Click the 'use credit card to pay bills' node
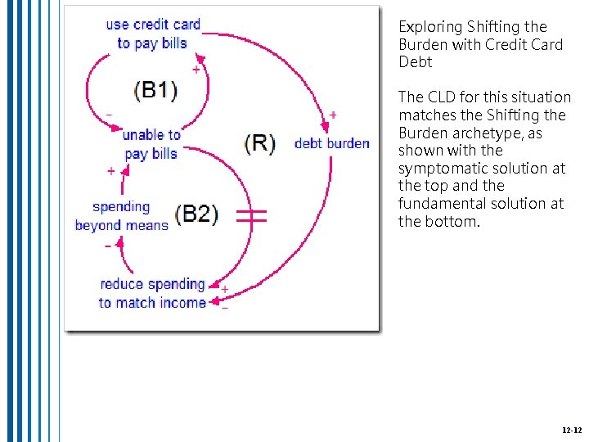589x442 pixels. pyautogui.click(x=153, y=34)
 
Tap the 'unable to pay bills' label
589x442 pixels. pyautogui.click(x=151, y=144)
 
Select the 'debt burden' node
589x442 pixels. pyautogui.click(x=331, y=143)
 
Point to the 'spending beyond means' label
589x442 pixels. pyautogui.click(x=121, y=216)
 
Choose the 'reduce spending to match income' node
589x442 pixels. pyautogui.click(x=152, y=293)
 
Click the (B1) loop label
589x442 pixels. pyautogui.click(x=155, y=90)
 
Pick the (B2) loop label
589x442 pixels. pyautogui.click(x=196, y=214)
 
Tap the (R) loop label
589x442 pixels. pyautogui.click(x=259, y=142)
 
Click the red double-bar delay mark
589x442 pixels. pyautogui.click(x=252, y=215)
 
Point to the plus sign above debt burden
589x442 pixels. pyautogui.click(x=333, y=115)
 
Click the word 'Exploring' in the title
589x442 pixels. pyautogui.click(x=429, y=27)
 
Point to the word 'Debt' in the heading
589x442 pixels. pyautogui.click(x=415, y=62)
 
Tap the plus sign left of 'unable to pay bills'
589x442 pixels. pyautogui.click(x=111, y=171)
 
